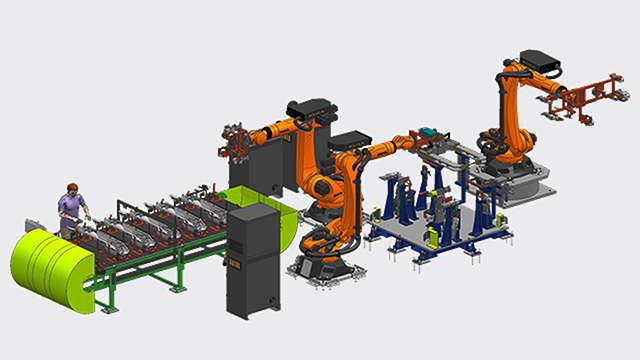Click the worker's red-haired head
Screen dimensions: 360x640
[71, 188]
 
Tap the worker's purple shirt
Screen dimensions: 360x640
[69, 206]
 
